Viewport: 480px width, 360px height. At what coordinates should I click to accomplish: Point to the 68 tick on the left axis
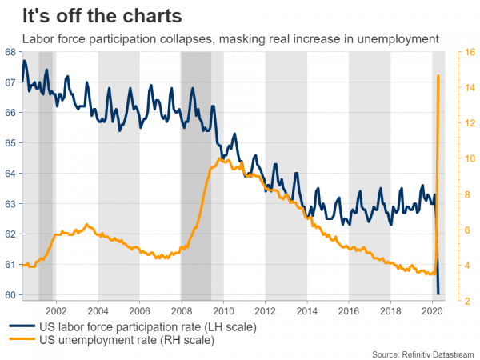11,52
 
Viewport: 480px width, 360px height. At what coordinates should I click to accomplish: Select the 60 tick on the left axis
11,295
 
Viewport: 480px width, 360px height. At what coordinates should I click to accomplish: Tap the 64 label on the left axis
11,174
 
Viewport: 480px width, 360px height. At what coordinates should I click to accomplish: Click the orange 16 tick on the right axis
461,52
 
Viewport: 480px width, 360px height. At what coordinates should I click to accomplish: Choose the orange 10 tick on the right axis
461,158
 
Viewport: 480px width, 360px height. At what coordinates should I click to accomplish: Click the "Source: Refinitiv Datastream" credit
423,353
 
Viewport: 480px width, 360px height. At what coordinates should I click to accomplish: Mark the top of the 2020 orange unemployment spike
438,75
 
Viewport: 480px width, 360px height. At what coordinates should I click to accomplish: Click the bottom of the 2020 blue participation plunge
438,294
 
